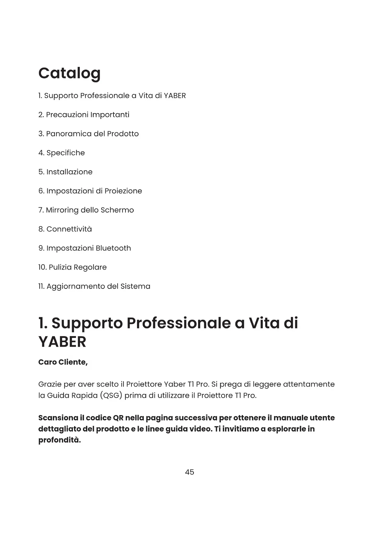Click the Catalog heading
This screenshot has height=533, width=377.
pos(69,74)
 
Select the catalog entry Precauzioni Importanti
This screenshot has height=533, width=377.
pos(84,115)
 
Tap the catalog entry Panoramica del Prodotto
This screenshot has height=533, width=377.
pos(88,134)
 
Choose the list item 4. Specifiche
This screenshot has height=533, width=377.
pos(62,153)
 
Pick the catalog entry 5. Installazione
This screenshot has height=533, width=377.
pos(65,172)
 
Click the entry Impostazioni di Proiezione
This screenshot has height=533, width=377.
pos(90,191)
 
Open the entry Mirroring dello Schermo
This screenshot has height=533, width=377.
pos(86,210)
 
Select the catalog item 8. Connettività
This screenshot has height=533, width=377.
pos(65,229)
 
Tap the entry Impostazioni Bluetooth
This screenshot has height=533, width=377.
pos(85,248)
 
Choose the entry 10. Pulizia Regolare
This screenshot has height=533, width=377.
pos(72,267)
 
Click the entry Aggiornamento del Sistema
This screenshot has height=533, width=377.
pos(94,287)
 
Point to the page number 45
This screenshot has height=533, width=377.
pos(190,472)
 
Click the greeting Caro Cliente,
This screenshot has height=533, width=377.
pos(63,362)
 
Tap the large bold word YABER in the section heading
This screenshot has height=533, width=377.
pos(62,342)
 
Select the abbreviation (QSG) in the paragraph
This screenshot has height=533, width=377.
pos(111,396)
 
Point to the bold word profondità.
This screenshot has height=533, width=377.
pos(60,440)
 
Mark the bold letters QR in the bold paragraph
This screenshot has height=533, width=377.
pos(118,418)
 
